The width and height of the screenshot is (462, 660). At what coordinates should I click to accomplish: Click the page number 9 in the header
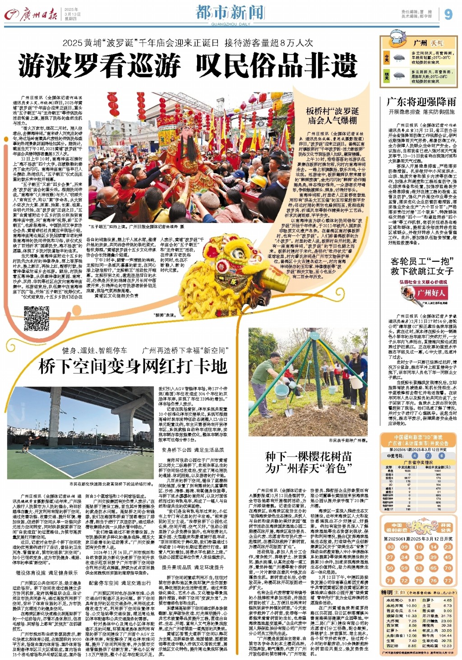(448, 14)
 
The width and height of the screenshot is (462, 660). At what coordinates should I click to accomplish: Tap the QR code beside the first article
(37, 318)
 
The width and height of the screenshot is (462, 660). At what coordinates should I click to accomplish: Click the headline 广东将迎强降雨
(421, 101)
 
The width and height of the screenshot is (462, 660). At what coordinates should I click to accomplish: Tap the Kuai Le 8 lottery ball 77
(448, 580)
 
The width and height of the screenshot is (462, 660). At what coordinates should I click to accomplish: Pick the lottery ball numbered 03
(390, 546)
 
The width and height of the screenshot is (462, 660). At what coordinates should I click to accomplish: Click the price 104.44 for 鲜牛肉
(447, 635)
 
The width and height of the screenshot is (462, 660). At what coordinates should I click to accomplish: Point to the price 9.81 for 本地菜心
(412, 600)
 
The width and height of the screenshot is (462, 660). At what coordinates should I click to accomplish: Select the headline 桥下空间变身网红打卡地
(133, 366)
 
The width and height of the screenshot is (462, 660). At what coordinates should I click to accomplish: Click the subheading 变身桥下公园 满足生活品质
(193, 450)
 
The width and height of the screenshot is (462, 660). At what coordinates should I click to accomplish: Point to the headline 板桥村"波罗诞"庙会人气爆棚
(333, 115)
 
